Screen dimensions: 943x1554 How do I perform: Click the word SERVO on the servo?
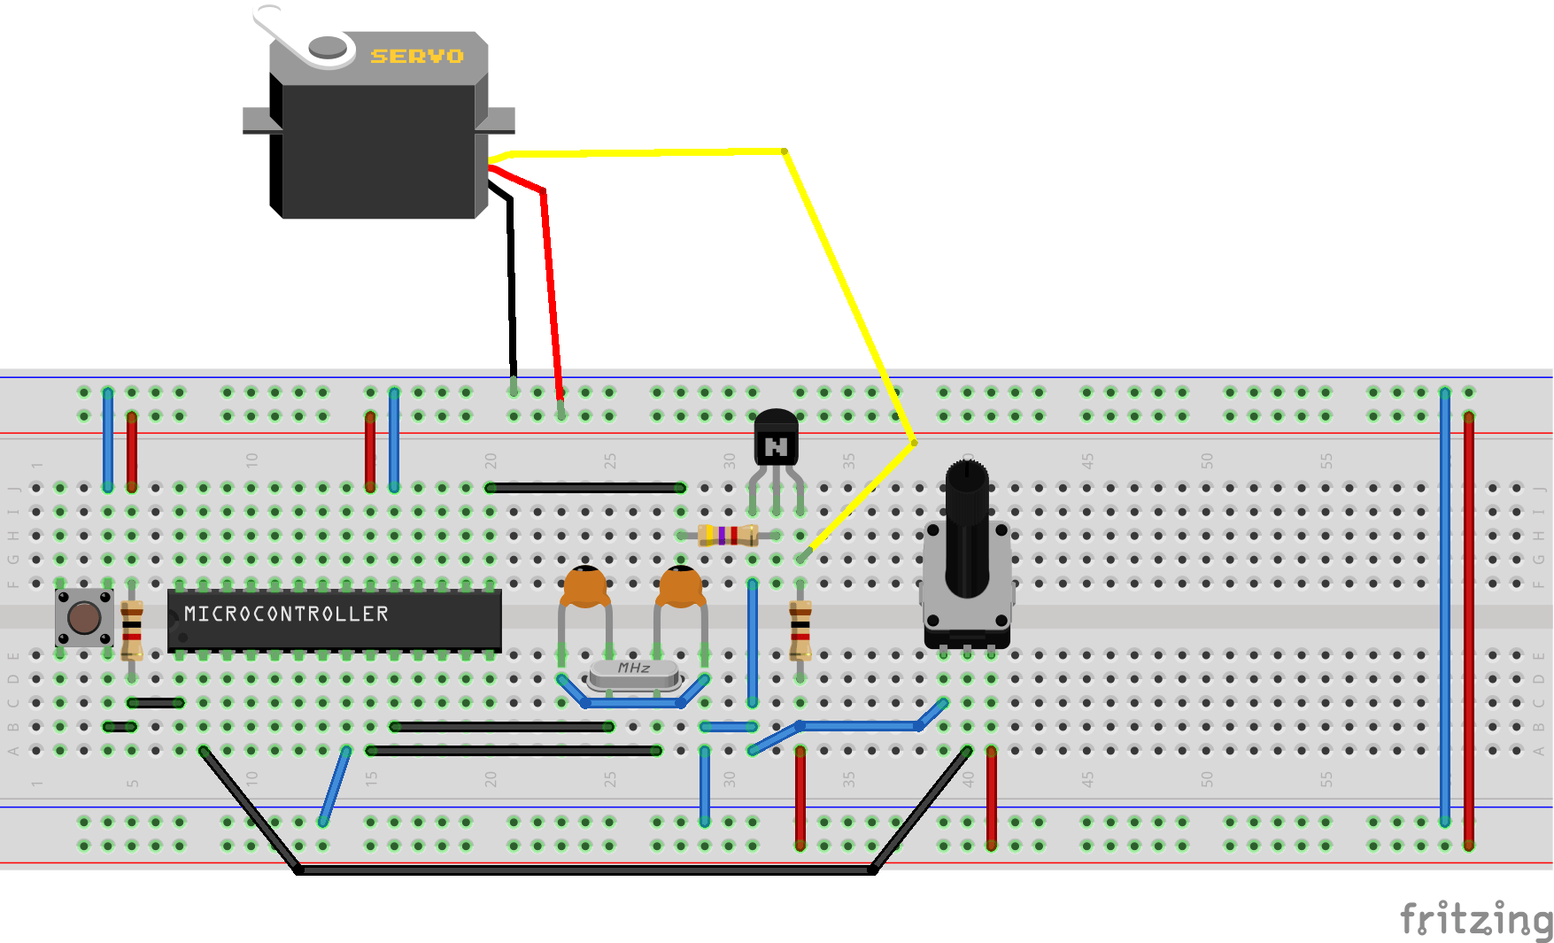416,56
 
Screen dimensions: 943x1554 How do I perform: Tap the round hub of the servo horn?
327,47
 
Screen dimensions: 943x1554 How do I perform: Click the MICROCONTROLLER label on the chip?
286,614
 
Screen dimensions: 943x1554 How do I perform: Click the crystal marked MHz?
634,673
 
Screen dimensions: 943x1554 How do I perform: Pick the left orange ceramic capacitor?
584,587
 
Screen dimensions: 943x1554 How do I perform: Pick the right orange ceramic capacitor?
680,587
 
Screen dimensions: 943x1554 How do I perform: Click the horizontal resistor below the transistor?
728,535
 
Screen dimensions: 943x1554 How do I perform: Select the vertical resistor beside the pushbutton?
132,630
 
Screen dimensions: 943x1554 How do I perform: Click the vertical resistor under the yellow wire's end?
800,630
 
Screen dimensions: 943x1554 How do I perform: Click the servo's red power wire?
551,283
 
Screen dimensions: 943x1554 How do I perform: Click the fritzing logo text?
1474,918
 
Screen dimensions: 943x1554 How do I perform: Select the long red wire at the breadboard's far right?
1469,629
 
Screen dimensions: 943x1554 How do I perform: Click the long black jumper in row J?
585,488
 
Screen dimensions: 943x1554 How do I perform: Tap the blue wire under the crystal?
633,703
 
